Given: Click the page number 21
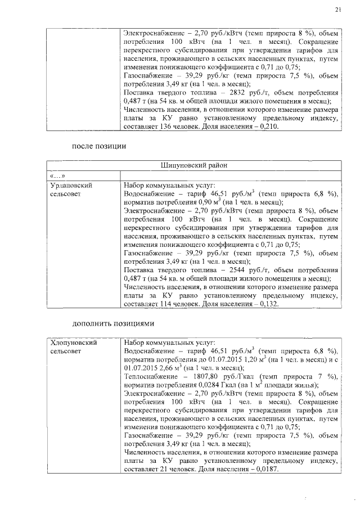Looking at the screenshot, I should coord(337,9).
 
